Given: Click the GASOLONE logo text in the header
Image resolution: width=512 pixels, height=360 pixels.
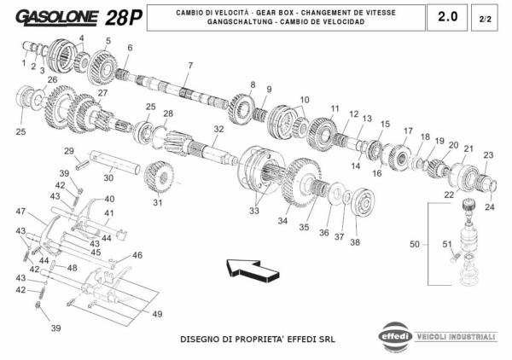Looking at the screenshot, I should [x=56, y=17].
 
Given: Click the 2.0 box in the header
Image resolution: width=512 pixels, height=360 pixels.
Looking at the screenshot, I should [x=446, y=16].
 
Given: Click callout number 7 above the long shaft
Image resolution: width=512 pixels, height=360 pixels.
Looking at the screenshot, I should [x=190, y=66].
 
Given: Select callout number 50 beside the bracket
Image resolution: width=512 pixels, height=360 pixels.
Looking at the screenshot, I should [x=414, y=244].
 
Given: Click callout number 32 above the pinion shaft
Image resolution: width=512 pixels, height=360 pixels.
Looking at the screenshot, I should [x=218, y=129].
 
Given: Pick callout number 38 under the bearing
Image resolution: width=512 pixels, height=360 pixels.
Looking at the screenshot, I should [x=355, y=241].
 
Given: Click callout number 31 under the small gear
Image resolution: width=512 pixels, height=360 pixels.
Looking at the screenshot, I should [x=157, y=203].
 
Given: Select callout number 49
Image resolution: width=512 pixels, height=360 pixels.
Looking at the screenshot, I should [x=157, y=315].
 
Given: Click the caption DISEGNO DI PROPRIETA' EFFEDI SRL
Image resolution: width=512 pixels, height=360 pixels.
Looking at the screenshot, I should [x=257, y=338].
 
